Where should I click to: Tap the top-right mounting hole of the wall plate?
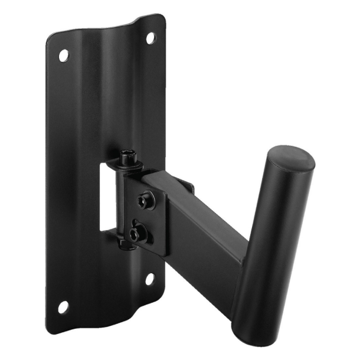[x=150, y=38]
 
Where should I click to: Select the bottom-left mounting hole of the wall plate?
[x=63, y=307]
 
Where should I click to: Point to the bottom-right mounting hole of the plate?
[x=150, y=278]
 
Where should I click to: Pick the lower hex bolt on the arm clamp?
[x=138, y=234]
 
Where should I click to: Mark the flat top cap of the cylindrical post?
[x=290, y=159]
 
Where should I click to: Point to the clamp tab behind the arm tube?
[x=188, y=186]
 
